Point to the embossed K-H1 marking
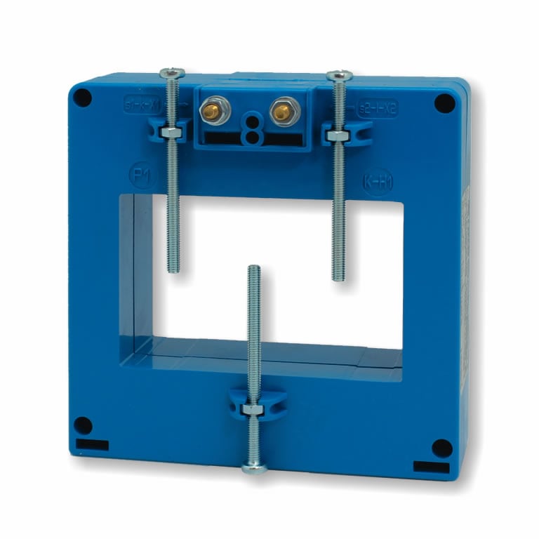point(378,182)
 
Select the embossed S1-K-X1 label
point(142,104)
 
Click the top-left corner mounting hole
point(83,98)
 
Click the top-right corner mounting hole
point(444,103)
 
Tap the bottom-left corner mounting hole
point(83,425)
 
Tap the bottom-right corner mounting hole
point(441,448)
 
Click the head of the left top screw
point(171,73)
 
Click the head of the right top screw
point(339,75)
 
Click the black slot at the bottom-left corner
point(93,444)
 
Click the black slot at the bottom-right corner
point(431,467)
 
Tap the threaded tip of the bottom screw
point(254,269)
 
